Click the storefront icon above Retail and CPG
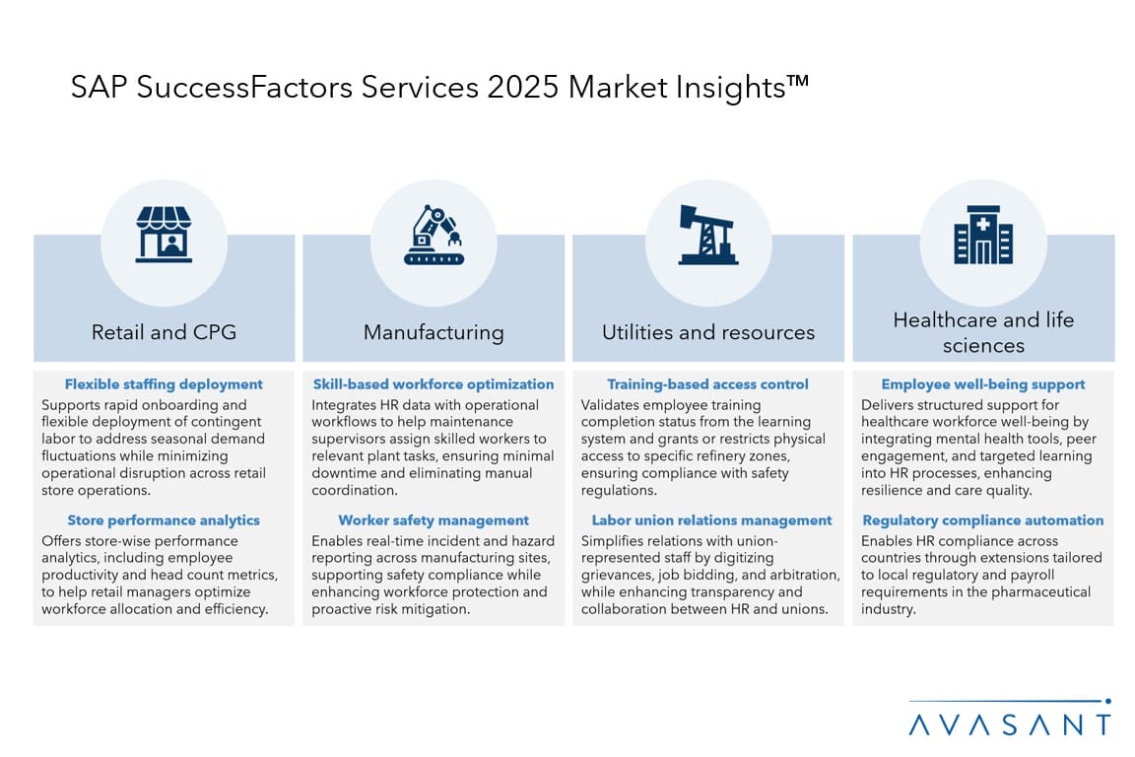(164, 234)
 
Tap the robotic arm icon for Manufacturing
(434, 235)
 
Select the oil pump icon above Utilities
(707, 235)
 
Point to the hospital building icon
(983, 235)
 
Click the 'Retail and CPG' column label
(164, 332)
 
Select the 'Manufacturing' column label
(434, 332)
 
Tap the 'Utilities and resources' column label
(708, 332)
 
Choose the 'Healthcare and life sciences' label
(983, 332)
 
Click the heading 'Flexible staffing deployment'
(164, 384)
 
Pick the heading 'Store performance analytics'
(164, 520)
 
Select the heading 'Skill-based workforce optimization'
(434, 384)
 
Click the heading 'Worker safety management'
(434, 520)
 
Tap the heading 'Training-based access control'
(708, 384)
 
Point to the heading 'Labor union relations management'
(711, 520)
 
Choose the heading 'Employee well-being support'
(983, 384)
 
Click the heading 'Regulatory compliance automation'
(983, 520)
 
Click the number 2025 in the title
(523, 87)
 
